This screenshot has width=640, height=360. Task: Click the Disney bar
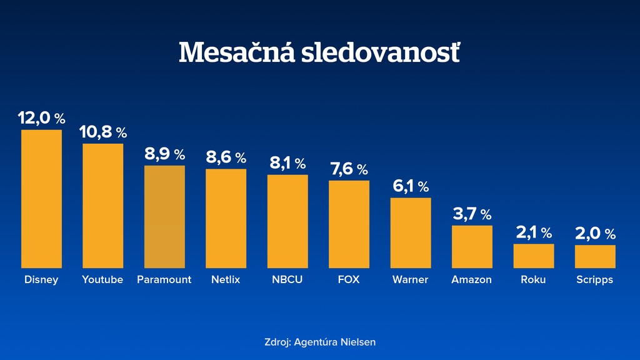[x=41, y=199]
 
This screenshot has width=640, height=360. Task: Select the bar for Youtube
[x=103, y=206]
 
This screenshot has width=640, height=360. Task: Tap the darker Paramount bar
[x=164, y=217]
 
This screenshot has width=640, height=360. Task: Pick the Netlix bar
[x=226, y=219]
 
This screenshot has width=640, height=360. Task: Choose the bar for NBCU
[x=287, y=221]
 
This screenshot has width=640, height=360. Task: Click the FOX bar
[x=349, y=224]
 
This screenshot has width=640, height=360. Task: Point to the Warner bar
[x=411, y=233]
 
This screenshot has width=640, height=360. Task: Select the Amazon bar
[x=472, y=247]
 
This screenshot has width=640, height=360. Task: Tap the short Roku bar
[x=534, y=256]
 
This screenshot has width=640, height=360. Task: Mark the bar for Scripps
[x=595, y=257]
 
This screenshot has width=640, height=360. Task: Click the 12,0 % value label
[x=41, y=117]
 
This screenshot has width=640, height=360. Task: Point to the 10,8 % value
[x=103, y=132]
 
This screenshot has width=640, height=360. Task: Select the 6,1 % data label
[x=411, y=186]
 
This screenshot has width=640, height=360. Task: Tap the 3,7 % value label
[x=472, y=214]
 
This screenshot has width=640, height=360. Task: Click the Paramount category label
[x=164, y=279]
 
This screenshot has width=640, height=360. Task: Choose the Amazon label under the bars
[x=472, y=279]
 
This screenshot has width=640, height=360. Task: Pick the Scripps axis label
[x=595, y=279]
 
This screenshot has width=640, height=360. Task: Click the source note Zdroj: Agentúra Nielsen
[x=320, y=342]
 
